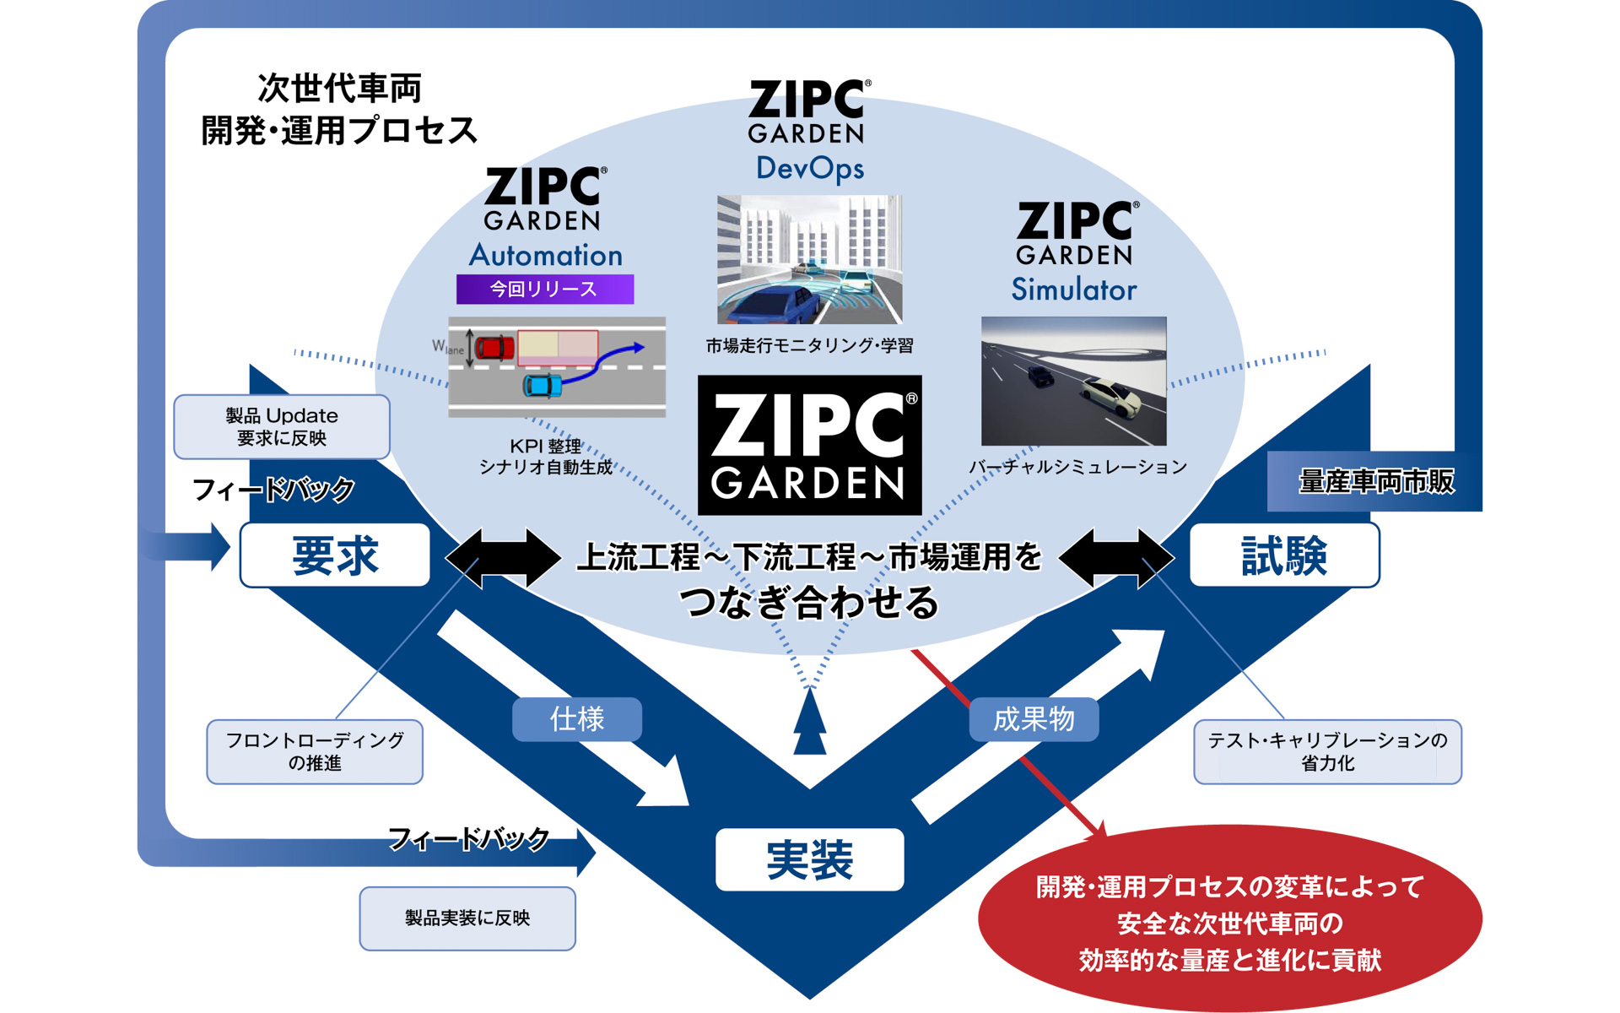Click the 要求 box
pos(335,555)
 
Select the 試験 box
pos(1283,555)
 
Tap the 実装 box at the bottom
pos(809,859)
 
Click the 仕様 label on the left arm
pos(577,719)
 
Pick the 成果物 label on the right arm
pos(1034,719)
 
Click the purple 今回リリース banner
pos(544,289)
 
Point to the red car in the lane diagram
pos(494,347)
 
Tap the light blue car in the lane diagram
pos(542,386)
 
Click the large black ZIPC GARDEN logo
pos(809,445)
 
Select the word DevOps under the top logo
pos(809,168)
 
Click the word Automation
pos(545,255)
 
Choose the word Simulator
pos(1073,290)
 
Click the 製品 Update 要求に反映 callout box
pos(281,426)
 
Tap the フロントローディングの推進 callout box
pos(315,751)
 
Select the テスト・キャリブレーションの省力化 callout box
pos(1326,751)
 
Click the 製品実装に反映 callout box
pos(467,918)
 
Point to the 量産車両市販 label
pos(1375,481)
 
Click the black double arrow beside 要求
pos(503,557)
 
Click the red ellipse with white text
pos(1228,922)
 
